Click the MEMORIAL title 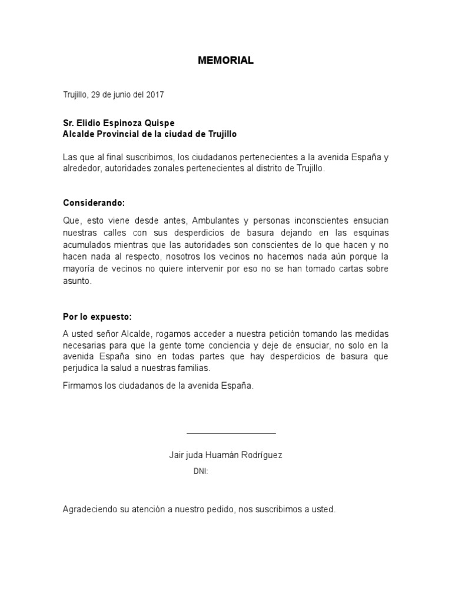tap(225, 61)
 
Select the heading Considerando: tap(94, 203)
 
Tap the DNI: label tap(201, 472)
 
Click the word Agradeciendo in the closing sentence tap(89, 509)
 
